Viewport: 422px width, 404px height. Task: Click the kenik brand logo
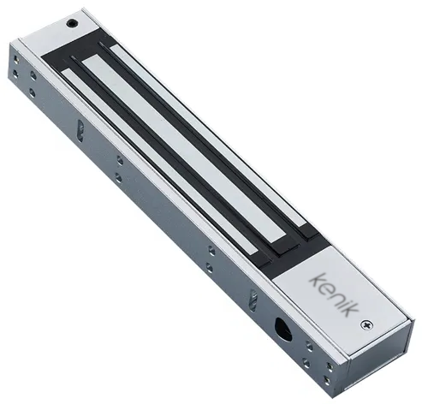[334, 294]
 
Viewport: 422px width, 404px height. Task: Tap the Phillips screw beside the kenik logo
[367, 324]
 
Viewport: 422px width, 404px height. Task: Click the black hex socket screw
[72, 23]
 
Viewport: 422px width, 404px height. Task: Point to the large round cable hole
[283, 328]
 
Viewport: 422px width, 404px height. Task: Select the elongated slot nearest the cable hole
[253, 300]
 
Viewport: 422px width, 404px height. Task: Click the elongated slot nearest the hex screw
[80, 130]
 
